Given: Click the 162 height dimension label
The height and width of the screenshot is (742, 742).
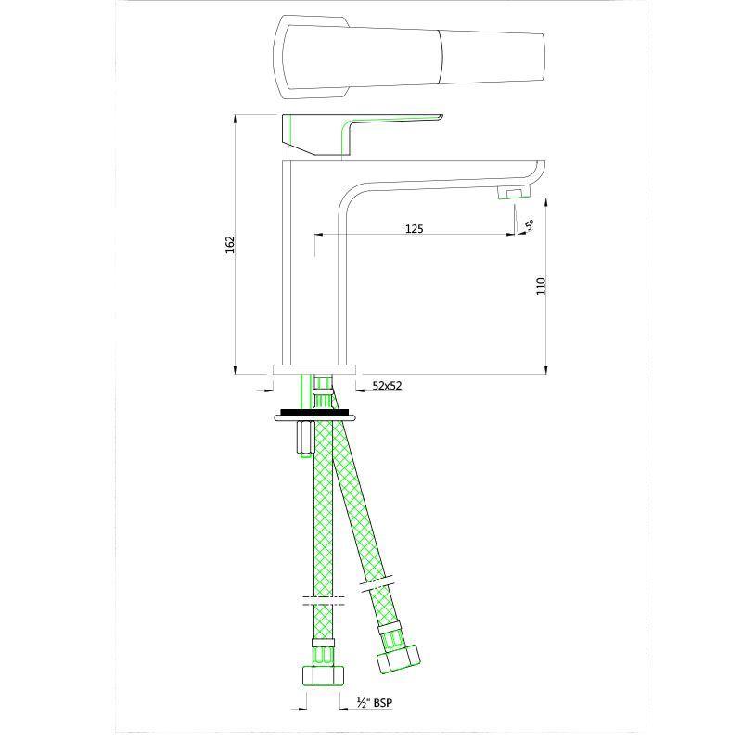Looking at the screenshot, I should point(230,245).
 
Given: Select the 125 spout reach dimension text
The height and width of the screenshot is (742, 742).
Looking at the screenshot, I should point(414,228).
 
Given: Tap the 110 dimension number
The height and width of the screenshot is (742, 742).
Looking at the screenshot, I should point(540,286).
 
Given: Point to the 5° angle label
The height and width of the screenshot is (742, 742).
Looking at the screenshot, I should point(530,224).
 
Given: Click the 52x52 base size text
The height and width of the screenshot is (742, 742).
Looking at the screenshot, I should point(387,386).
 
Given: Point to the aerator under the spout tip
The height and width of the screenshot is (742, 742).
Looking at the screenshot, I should point(512,193).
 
